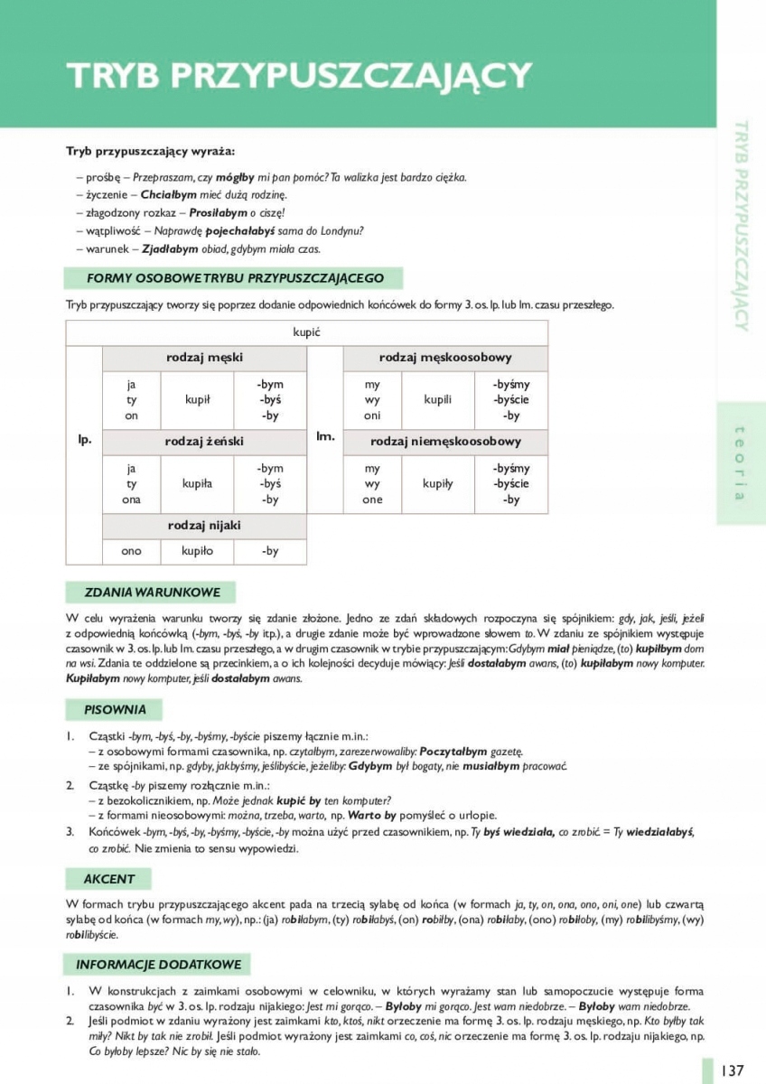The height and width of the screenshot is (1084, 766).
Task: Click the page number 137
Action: (732, 1070)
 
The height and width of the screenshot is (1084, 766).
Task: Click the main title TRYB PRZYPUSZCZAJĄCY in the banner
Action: (297, 75)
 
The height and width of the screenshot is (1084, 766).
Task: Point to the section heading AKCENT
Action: (109, 878)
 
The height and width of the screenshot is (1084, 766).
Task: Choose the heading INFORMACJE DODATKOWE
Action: (159, 964)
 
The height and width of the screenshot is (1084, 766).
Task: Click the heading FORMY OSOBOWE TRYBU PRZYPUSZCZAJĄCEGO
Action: (235, 278)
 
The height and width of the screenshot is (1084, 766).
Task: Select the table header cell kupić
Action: (307, 332)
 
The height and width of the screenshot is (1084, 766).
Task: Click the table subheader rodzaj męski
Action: (204, 358)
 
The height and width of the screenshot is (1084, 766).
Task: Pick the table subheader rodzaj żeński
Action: (204, 442)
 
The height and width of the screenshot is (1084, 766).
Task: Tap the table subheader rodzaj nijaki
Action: (204, 525)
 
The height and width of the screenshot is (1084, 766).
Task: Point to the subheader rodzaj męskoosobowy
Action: (445, 358)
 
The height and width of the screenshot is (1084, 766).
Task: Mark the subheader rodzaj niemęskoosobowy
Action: (445, 442)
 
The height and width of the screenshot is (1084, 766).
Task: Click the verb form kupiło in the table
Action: (198, 550)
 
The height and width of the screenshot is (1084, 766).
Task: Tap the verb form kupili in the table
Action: (438, 399)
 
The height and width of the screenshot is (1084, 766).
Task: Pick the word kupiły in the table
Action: (438, 483)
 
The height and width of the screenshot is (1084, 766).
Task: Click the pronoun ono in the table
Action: (132, 550)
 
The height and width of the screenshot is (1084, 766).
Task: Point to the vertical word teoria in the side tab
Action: (740, 463)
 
